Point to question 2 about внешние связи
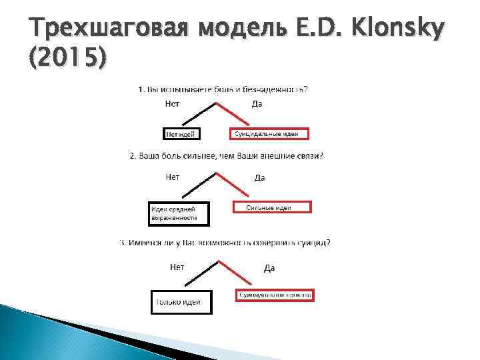(226, 156)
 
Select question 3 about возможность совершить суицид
(225, 243)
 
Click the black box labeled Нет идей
(181, 135)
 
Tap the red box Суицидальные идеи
(270, 134)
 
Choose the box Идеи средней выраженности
(177, 213)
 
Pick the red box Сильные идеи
(271, 208)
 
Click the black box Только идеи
(178, 302)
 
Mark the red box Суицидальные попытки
(275, 295)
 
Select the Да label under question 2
(260, 177)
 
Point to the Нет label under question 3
(177, 267)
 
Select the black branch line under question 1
(198, 115)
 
